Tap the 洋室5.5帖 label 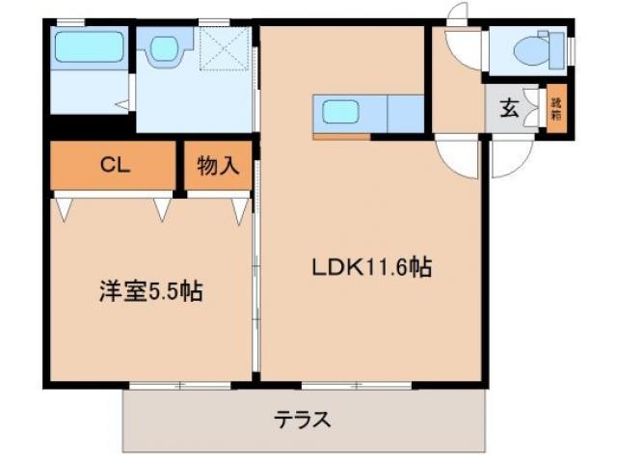coord(150,291)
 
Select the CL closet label coord(114,165)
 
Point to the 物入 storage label coord(218,166)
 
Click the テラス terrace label coord(304,420)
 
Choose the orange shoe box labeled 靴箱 coord(556,108)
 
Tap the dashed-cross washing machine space coord(224,48)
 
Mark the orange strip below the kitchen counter coord(341,137)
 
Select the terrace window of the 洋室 coord(180,386)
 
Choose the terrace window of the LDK coord(356,386)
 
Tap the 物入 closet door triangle coord(238,209)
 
